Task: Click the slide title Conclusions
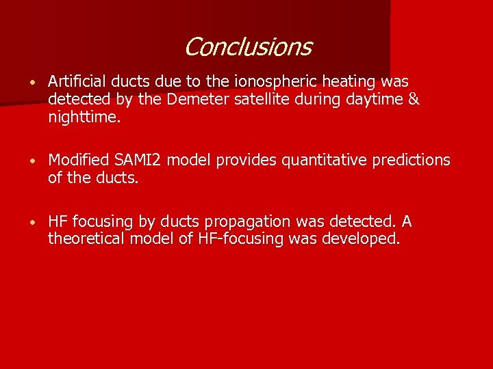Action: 247,47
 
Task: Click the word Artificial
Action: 77,82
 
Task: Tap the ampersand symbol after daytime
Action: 414,100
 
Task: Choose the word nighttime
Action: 84,118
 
